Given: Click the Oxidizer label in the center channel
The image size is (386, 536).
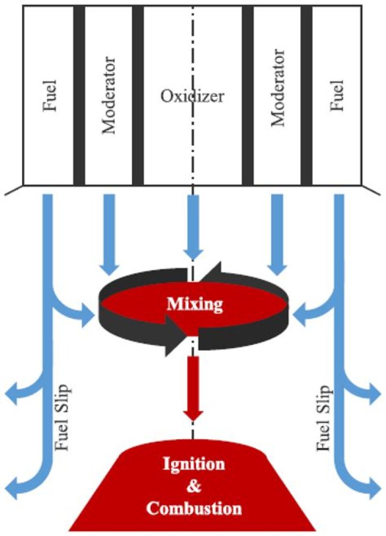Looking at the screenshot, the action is pos(192,96).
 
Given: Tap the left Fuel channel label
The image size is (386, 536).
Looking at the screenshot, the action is pos(50,95).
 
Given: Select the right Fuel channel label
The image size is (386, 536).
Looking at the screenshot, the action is pos(337,95).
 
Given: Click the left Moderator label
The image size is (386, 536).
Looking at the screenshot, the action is pos(109,95).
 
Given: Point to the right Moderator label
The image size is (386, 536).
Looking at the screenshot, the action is pos(278,88).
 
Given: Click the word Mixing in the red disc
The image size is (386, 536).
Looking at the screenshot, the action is pos(195,304).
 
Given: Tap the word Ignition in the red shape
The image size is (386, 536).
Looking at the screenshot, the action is pos(194,465).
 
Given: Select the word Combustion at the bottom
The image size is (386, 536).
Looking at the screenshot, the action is pos(194,508).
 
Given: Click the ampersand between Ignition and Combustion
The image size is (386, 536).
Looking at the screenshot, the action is pos(194,486).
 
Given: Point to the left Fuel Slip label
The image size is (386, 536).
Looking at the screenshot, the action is pos(62,417).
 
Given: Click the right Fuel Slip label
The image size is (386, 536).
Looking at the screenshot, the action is pos(323,418).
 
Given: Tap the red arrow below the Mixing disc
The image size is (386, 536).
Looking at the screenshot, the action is pos(194,388).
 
